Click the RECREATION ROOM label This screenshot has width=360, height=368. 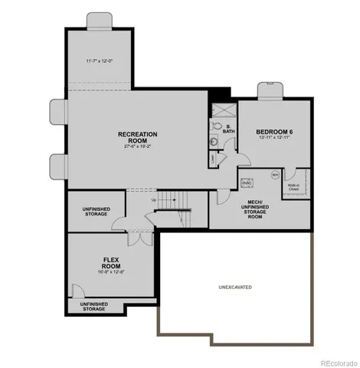[138, 137]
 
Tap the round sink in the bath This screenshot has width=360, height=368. [214, 142]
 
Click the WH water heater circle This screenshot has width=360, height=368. [275, 175]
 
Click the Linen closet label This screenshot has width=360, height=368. [212, 159]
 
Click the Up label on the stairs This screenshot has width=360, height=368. [153, 201]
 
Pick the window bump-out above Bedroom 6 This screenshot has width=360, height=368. [270, 91]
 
